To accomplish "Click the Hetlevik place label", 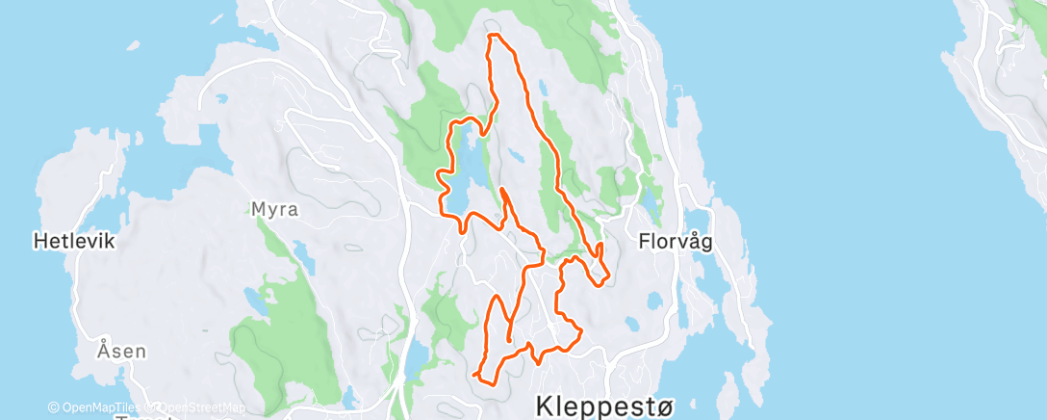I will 74,241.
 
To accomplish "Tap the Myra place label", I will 274,208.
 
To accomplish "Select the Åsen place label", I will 121,351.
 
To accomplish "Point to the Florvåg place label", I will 675,242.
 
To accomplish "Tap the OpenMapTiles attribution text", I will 97,408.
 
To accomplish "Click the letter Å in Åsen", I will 103,351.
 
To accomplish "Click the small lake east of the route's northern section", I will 544,87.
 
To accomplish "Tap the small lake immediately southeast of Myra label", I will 304,254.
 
